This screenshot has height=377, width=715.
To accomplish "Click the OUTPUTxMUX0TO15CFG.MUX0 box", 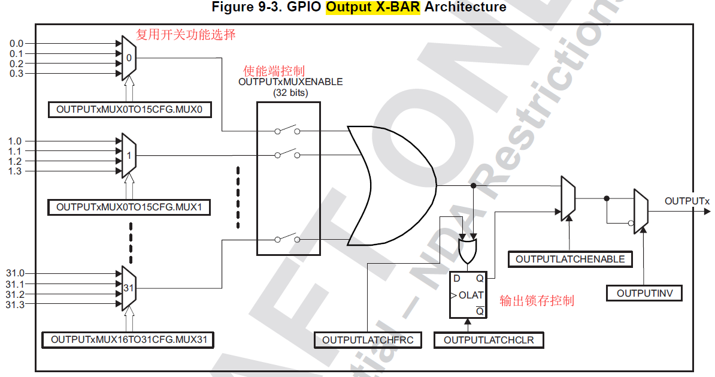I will click(x=129, y=110).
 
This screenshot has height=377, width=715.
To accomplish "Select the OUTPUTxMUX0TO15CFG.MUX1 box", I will click(x=129, y=207).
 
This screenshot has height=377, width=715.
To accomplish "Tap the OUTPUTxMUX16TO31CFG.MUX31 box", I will click(x=129, y=340).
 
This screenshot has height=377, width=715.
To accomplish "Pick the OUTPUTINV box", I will click(x=644, y=293).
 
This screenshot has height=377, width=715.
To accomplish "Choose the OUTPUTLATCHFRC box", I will click(x=368, y=340).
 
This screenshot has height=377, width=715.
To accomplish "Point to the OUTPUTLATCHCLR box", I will click(x=489, y=340).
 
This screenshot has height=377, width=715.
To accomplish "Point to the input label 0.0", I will click(x=17, y=44).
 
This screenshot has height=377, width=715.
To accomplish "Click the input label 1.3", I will click(x=15, y=171).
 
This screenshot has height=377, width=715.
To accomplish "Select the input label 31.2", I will click(x=15, y=295).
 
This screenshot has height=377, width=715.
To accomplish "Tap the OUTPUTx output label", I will click(x=687, y=201).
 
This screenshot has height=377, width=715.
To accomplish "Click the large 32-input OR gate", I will click(x=389, y=186).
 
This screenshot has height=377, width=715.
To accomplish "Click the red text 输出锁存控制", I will click(x=537, y=300).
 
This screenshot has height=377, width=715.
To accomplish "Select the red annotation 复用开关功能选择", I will click(x=186, y=35).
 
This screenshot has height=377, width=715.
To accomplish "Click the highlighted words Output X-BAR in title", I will click(x=374, y=7).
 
